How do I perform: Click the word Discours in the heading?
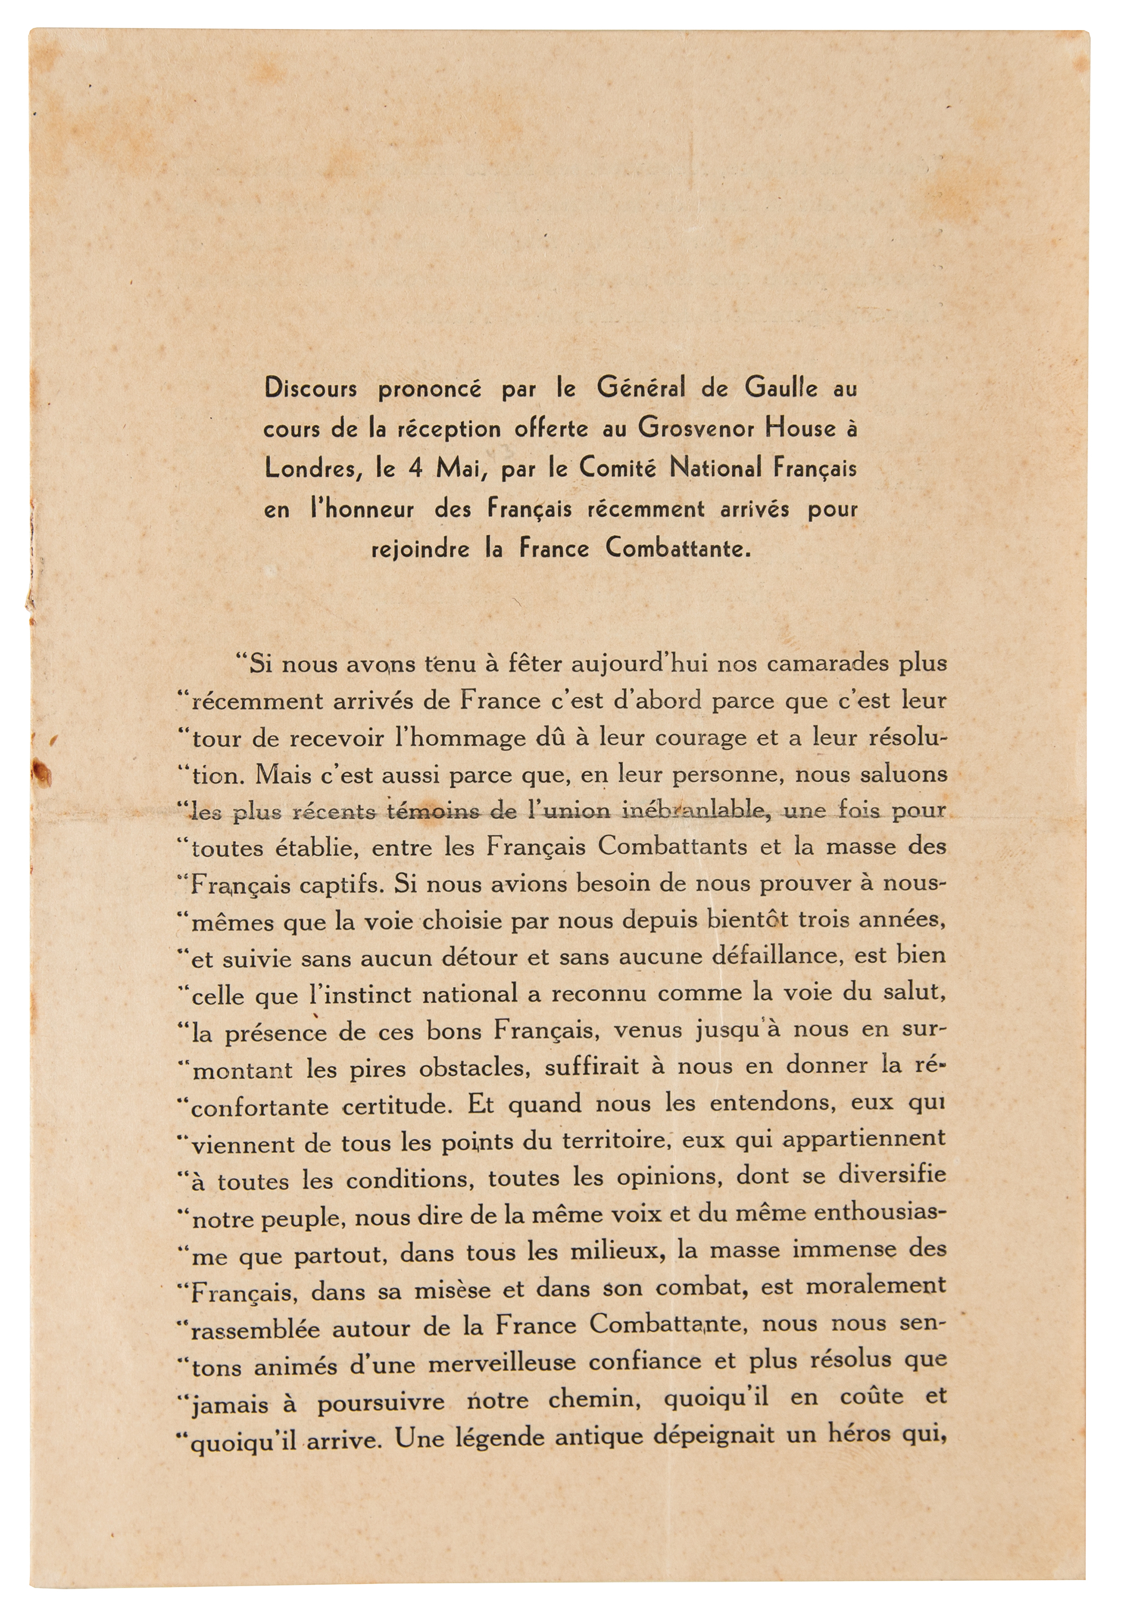click(x=310, y=388)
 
